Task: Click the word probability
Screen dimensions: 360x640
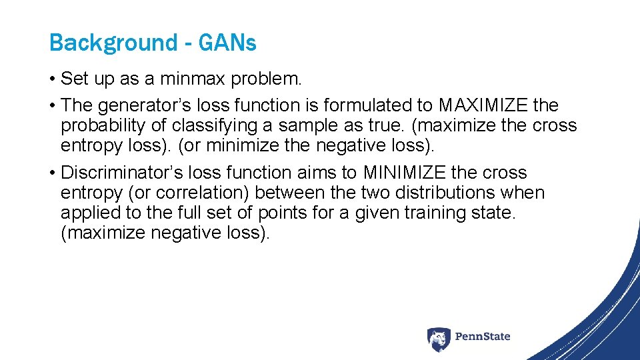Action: (97, 125)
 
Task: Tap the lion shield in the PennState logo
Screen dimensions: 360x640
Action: (439, 339)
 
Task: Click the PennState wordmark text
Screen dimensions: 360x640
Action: (483, 337)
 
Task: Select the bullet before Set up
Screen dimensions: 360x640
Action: (53, 79)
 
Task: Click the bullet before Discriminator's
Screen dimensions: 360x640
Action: (53, 173)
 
